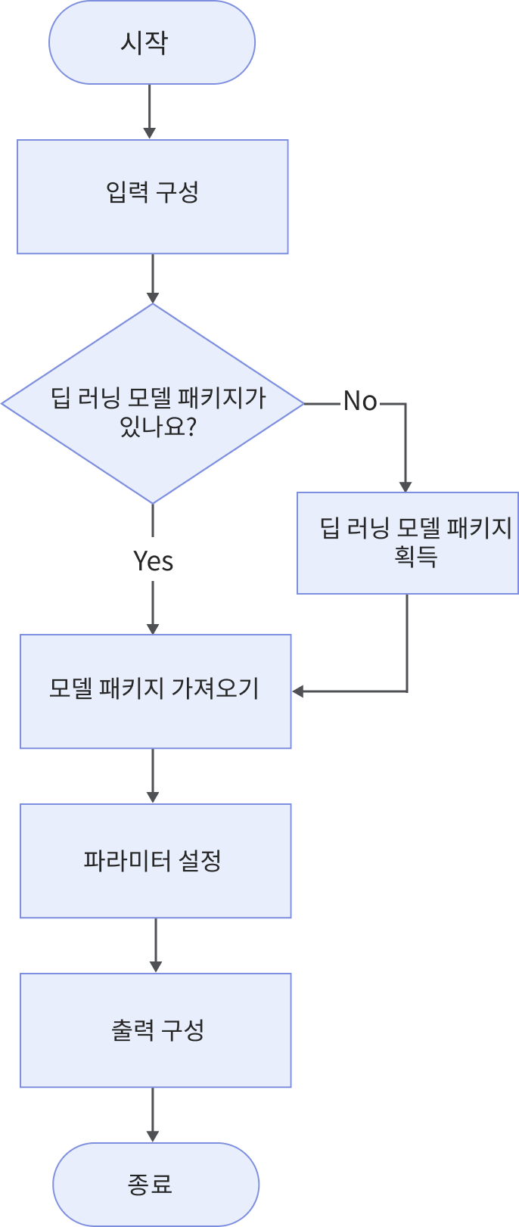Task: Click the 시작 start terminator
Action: (x=151, y=42)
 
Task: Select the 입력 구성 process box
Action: (x=153, y=197)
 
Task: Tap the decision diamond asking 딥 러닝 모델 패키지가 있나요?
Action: (x=153, y=403)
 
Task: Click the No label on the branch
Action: (x=360, y=401)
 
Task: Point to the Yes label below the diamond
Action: (x=154, y=561)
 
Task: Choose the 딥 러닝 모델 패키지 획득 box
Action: (x=407, y=543)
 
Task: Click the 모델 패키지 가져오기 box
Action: (x=155, y=691)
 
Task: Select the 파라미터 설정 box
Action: (x=155, y=861)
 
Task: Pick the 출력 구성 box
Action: (x=155, y=1030)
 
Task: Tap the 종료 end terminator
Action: (x=156, y=1184)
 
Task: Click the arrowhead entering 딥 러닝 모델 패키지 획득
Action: (x=406, y=486)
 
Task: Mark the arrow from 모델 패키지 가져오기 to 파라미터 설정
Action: (x=153, y=775)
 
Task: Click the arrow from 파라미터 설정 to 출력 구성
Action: (x=156, y=946)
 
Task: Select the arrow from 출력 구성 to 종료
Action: (x=153, y=1115)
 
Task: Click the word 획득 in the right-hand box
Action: (x=416, y=557)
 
